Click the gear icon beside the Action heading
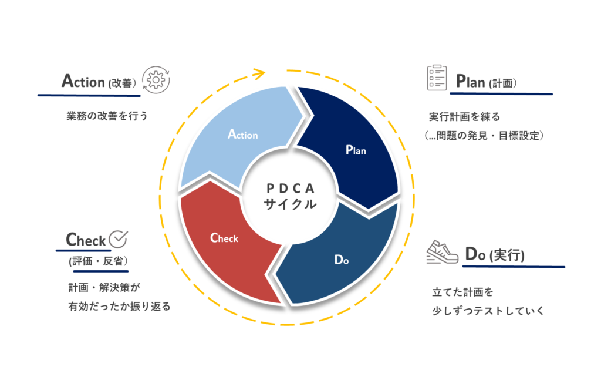(156, 80)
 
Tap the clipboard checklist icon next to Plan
(437, 78)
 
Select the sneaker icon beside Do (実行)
(443, 253)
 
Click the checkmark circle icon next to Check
(119, 239)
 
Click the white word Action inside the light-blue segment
(243, 135)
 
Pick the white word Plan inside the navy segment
(356, 150)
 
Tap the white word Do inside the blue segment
(342, 260)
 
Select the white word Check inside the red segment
(224, 238)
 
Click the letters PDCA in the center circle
(291, 189)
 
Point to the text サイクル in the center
(290, 204)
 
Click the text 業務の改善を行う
(107, 116)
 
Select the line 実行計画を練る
(465, 116)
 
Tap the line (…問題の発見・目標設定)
(484, 135)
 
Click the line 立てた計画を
(462, 292)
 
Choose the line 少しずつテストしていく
(488, 311)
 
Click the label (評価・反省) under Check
(98, 261)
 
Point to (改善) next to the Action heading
(122, 83)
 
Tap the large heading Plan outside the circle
(470, 81)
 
